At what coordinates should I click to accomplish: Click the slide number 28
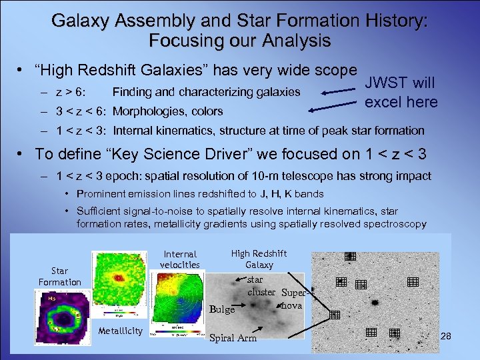pyautogui.click(x=446, y=337)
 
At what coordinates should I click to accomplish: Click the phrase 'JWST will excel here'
pyautogui.click(x=401, y=93)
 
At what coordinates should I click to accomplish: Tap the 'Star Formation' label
pyautogui.click(x=59, y=276)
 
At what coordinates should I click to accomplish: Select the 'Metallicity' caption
pyautogui.click(x=120, y=331)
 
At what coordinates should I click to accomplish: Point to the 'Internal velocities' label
pyautogui.click(x=180, y=259)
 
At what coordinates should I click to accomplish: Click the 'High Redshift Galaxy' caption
pyautogui.click(x=259, y=259)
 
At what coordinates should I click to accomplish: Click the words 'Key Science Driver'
pyautogui.click(x=157, y=154)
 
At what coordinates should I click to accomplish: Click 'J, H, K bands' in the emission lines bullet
pyautogui.click(x=291, y=194)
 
